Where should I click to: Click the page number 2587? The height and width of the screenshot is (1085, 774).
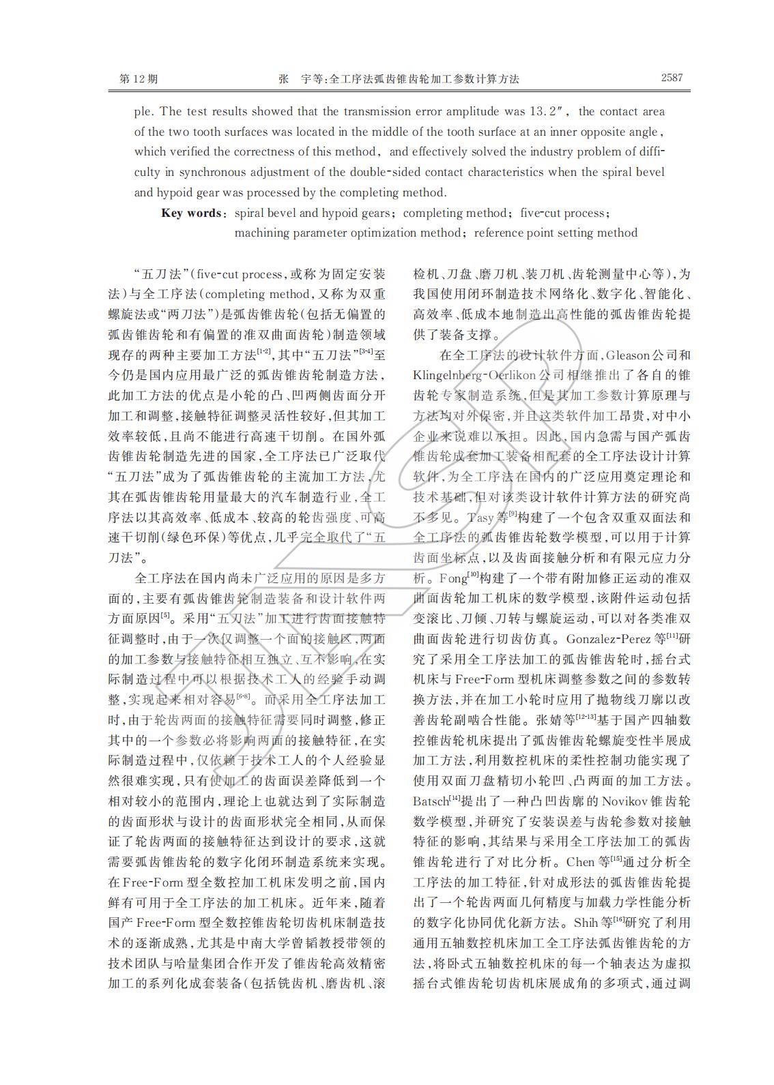coord(672,78)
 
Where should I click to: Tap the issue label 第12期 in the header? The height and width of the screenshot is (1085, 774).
coord(139,78)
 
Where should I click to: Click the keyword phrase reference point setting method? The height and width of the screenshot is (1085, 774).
coord(556,233)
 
